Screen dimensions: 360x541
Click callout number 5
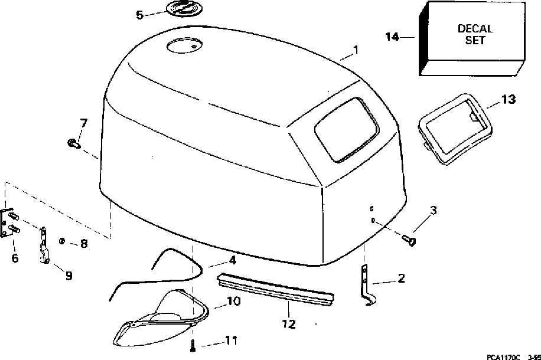pyautogui.click(x=139, y=15)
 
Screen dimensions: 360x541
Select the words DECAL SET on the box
pyautogui.click(x=475, y=34)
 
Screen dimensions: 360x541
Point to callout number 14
pyautogui.click(x=392, y=37)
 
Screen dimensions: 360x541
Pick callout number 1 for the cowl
pyautogui.click(x=356, y=51)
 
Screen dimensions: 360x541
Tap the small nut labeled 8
pyautogui.click(x=62, y=241)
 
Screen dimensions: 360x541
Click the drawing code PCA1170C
pyautogui.click(x=503, y=356)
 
